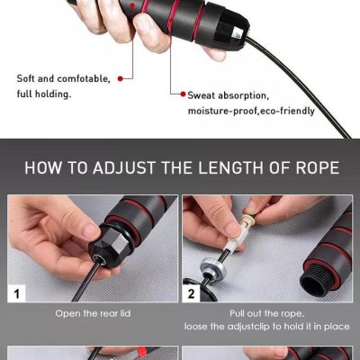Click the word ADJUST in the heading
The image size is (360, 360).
click(x=124, y=167)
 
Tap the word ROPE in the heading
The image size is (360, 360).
click(x=318, y=167)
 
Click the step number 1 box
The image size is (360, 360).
click(x=17, y=293)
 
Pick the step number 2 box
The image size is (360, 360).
click(x=191, y=293)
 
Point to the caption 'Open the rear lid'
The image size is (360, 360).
click(x=93, y=313)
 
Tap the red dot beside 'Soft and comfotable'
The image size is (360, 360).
click(x=121, y=78)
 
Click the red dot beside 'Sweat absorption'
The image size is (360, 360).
click(x=183, y=94)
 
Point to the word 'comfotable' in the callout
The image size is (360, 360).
click(x=84, y=78)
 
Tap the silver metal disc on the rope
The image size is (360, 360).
click(x=211, y=270)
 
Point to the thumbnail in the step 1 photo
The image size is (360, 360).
click(x=90, y=231)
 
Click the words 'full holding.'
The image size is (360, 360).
click(x=44, y=94)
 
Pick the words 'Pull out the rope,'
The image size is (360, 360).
click(x=266, y=313)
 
